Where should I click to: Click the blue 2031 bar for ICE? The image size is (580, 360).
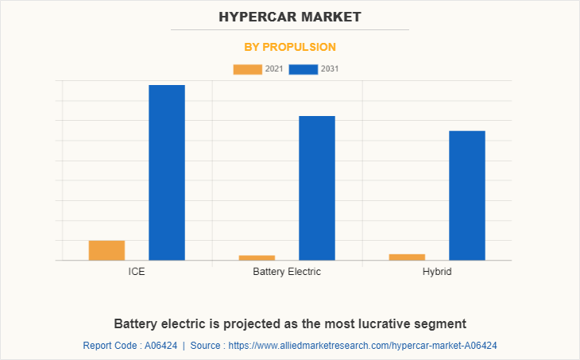[167, 172]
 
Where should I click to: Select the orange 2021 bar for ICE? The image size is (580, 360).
[106, 250]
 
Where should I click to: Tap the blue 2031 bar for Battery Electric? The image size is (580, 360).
[317, 188]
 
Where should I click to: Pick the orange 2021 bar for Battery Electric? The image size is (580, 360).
[257, 257]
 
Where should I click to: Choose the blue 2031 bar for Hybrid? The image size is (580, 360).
[467, 195]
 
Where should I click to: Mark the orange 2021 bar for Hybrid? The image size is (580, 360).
[407, 257]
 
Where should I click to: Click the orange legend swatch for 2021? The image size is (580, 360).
[247, 69]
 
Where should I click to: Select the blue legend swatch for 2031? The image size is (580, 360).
[304, 69]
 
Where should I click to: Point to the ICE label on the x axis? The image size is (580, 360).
[137, 272]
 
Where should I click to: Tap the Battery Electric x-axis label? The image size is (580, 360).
[287, 272]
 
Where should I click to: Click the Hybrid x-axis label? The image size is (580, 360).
[437, 272]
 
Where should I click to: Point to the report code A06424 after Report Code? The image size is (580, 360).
[159, 346]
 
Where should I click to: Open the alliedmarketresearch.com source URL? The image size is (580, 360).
[362, 346]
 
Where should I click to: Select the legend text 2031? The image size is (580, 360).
[330, 69]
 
